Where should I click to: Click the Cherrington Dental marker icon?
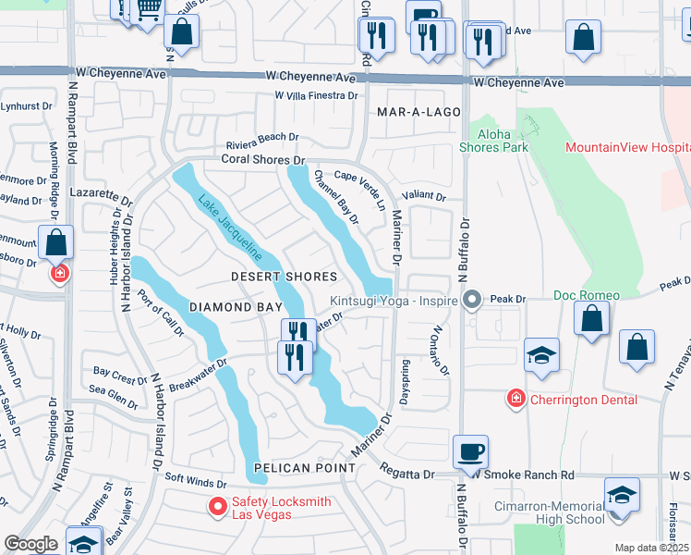515,399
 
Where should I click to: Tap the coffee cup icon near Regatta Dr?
471,452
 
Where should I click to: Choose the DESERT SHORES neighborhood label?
284,277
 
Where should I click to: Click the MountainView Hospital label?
627,148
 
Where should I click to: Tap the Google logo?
30,544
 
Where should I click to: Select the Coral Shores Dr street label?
262,160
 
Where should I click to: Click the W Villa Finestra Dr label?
316,95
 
